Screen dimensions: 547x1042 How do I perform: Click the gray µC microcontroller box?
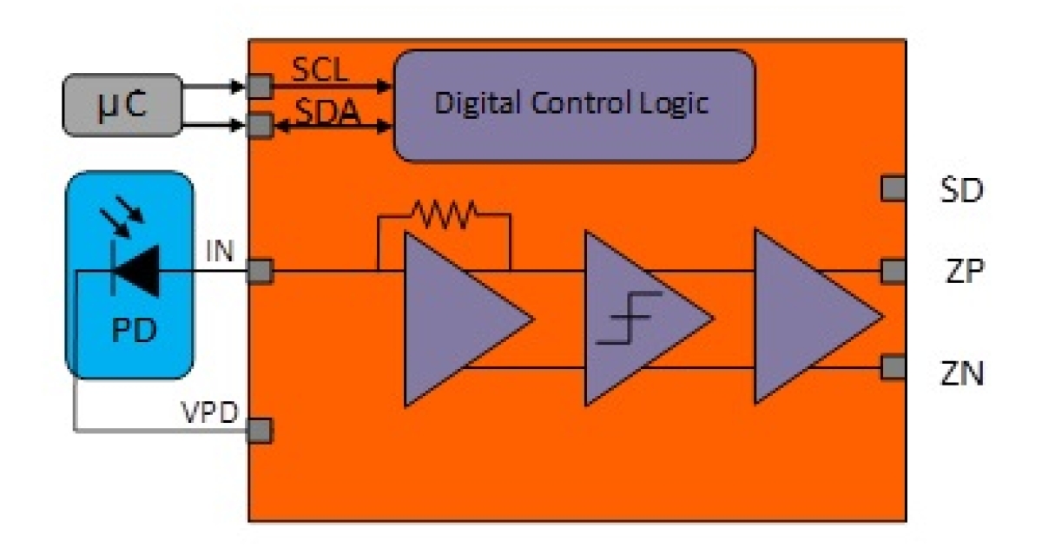coord(122,105)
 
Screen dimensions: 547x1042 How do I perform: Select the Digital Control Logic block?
coord(574,105)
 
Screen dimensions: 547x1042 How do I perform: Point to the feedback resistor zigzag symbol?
coord(443,210)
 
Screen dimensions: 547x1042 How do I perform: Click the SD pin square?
coord(891,188)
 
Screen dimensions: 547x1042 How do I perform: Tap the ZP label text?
coord(962,272)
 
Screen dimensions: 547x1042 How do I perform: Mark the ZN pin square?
coord(891,367)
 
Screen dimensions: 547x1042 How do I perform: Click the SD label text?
coord(962,189)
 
